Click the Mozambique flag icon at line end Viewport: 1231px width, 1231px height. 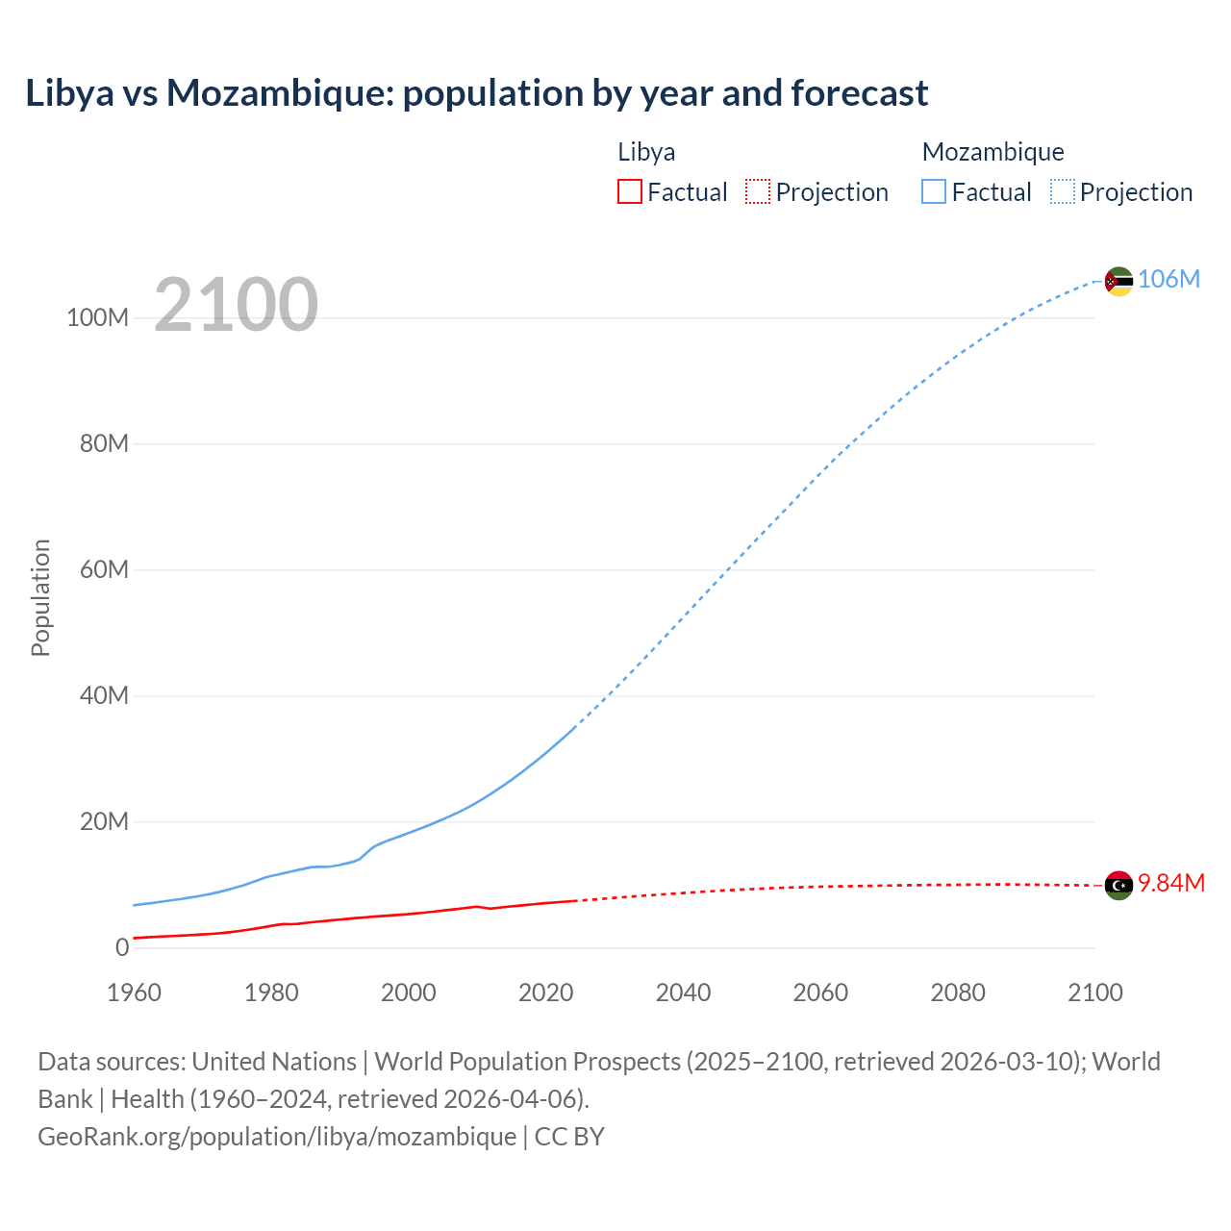pos(1118,281)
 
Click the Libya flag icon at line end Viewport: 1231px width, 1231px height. pos(1118,885)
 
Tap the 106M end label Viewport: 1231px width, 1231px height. pos(1168,279)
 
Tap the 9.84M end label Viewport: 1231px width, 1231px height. pos(1170,883)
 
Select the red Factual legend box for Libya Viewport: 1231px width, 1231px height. pos(629,192)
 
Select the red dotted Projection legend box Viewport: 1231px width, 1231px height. pos(758,192)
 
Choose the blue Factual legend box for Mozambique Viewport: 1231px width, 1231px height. pos(933,192)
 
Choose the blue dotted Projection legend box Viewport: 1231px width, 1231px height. pos(1062,192)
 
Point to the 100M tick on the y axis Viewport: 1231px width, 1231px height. pos(97,318)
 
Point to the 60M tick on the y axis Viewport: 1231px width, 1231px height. pos(104,569)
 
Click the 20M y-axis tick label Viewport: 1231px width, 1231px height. pos(104,821)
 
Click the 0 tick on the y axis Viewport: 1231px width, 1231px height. pos(122,947)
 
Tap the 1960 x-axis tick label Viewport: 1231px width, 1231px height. pos(134,992)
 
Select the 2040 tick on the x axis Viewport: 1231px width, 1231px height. pos(683,992)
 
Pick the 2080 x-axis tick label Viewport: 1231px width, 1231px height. pos(958,992)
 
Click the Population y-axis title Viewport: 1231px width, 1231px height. pos(40,597)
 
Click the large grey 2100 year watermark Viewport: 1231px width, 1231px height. pos(236,305)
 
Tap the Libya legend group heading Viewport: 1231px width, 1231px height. pos(646,152)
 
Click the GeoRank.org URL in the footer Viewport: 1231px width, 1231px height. pos(277,1137)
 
